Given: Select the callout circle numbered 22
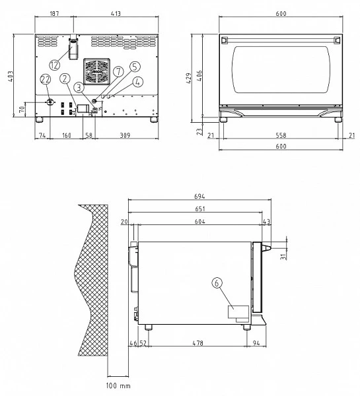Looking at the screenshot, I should pos(45,79).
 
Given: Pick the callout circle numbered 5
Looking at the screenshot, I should pos(135,67).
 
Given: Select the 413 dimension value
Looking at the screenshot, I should pos(116,13).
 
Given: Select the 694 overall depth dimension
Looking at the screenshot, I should pos(199,197).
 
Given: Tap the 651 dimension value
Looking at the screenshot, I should pos(199,210).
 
